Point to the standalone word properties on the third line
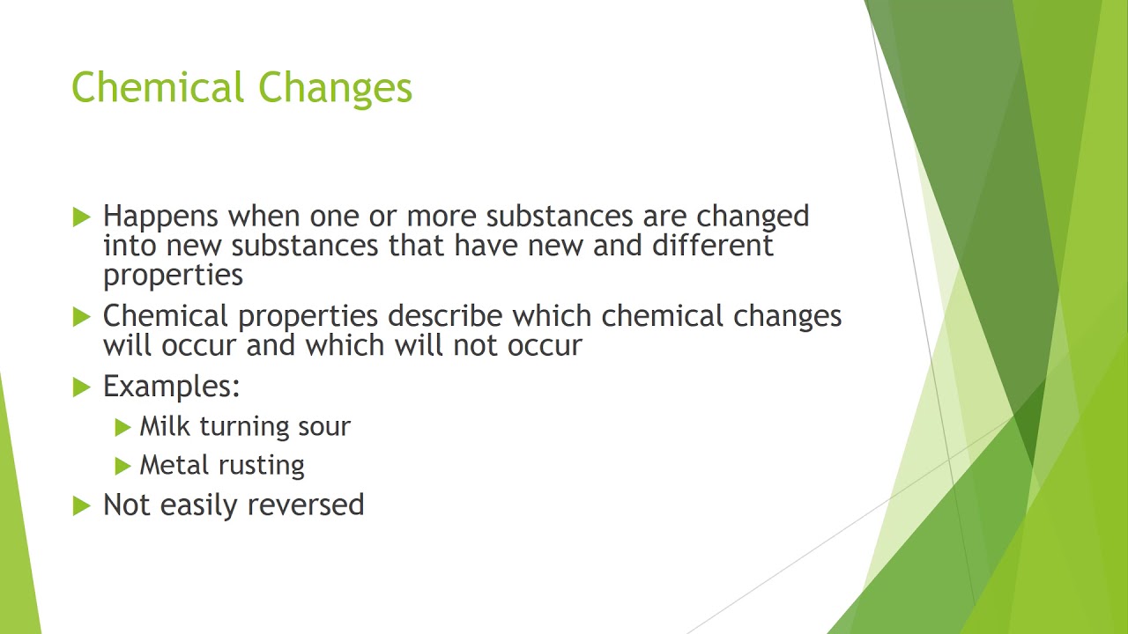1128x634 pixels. click(x=173, y=276)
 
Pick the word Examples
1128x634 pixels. click(x=171, y=387)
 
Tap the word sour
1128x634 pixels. click(x=323, y=427)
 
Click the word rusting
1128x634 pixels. click(x=264, y=466)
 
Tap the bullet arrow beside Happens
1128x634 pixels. click(x=82, y=217)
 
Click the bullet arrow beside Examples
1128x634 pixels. click(x=82, y=387)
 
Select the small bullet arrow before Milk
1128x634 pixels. click(x=122, y=427)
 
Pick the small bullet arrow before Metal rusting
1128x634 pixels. click(x=122, y=466)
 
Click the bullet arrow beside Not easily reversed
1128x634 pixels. click(x=82, y=505)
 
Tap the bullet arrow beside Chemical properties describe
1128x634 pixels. click(x=82, y=316)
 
